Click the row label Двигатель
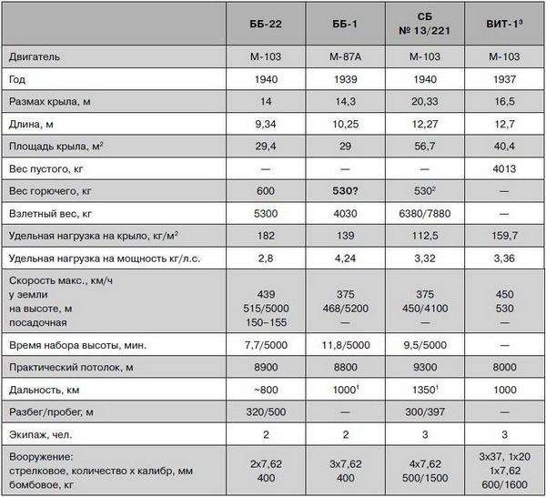(x=34, y=56)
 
